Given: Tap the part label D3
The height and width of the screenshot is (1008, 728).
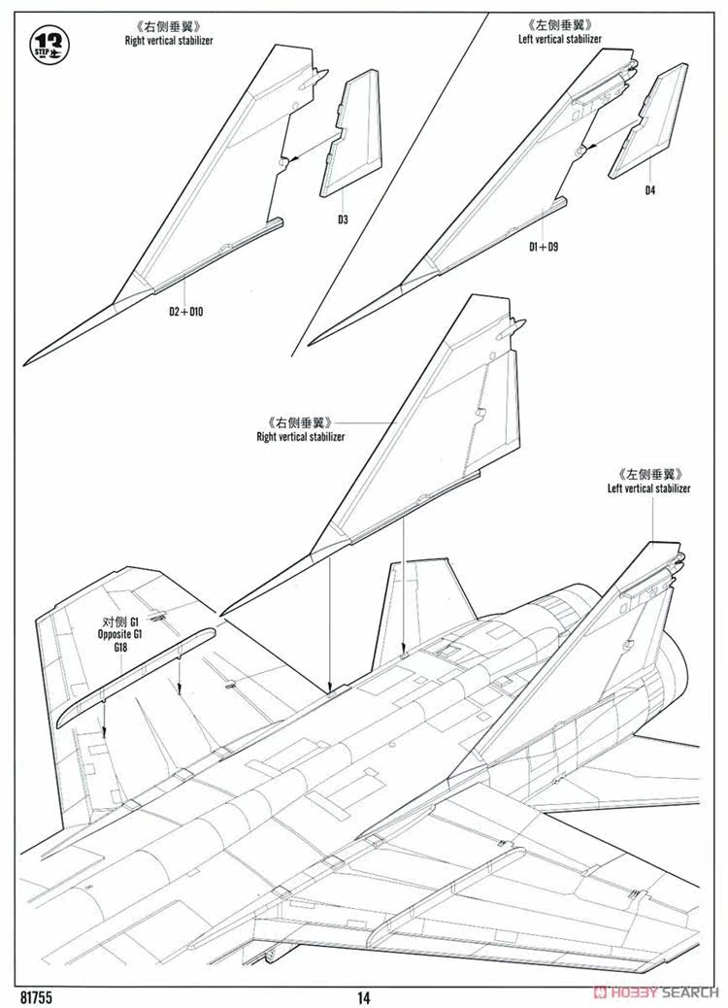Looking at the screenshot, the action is click(x=343, y=219).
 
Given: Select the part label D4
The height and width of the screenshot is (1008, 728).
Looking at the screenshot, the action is click(x=650, y=190).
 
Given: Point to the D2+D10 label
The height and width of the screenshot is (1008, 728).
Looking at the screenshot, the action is click(x=185, y=312).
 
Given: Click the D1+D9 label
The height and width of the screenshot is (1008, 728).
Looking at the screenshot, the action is click(x=544, y=247).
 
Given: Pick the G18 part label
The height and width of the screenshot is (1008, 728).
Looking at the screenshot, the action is click(x=120, y=647).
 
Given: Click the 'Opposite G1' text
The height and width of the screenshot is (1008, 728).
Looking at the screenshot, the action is click(x=119, y=634).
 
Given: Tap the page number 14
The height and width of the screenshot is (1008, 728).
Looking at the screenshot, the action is click(x=364, y=997).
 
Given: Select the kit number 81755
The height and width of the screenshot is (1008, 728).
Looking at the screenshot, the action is click(x=36, y=997).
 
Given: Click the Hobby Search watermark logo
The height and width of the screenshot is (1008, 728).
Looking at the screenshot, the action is click(x=655, y=991).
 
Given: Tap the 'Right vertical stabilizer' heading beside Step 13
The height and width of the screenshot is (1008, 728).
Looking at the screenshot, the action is click(x=168, y=41).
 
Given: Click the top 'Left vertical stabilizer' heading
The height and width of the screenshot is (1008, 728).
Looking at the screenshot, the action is click(x=560, y=39).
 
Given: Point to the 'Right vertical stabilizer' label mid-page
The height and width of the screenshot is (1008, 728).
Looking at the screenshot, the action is click(x=300, y=437).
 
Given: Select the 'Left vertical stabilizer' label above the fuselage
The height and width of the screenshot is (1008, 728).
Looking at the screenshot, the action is click(x=649, y=488).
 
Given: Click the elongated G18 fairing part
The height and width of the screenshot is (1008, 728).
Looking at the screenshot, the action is click(x=134, y=675).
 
